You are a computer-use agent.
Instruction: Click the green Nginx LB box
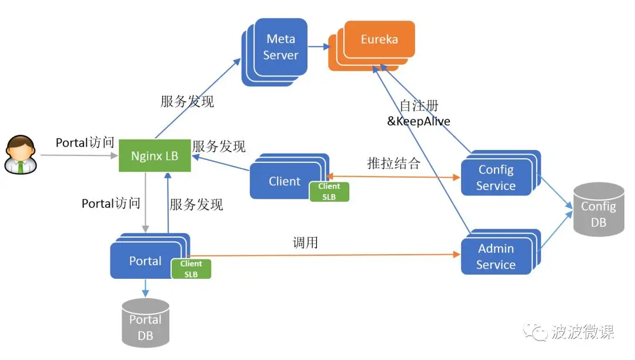155,156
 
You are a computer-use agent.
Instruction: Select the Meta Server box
280,47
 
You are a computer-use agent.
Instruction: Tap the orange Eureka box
379,40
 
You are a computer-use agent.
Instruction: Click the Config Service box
496,177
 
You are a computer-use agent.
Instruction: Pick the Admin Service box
496,256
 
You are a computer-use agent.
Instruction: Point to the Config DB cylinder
599,210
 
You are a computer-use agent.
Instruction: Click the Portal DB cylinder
145,324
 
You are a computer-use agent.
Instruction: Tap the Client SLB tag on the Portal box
191,269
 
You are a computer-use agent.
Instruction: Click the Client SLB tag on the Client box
329,192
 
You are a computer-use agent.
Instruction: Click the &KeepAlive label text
419,122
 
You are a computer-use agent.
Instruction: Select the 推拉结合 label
393,164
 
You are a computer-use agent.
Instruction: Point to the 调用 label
305,242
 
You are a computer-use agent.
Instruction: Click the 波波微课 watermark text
583,332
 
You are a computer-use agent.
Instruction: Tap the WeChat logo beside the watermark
536,332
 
